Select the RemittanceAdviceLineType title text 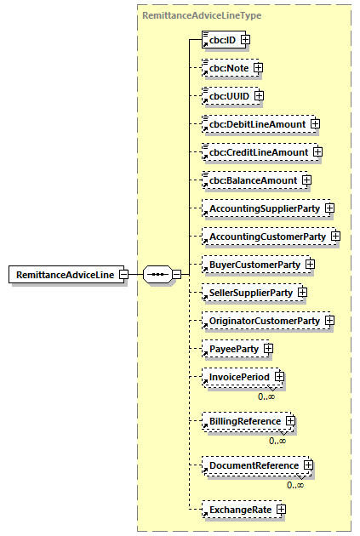(201, 15)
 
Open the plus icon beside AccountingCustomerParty (335, 236)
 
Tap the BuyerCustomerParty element (254, 265)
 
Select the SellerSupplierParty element (251, 293)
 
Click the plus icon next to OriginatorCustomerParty (329, 321)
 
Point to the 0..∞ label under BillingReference (277, 440)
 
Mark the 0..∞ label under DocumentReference (295, 485)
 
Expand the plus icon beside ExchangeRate (281, 510)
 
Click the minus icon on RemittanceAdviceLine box (124, 275)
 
